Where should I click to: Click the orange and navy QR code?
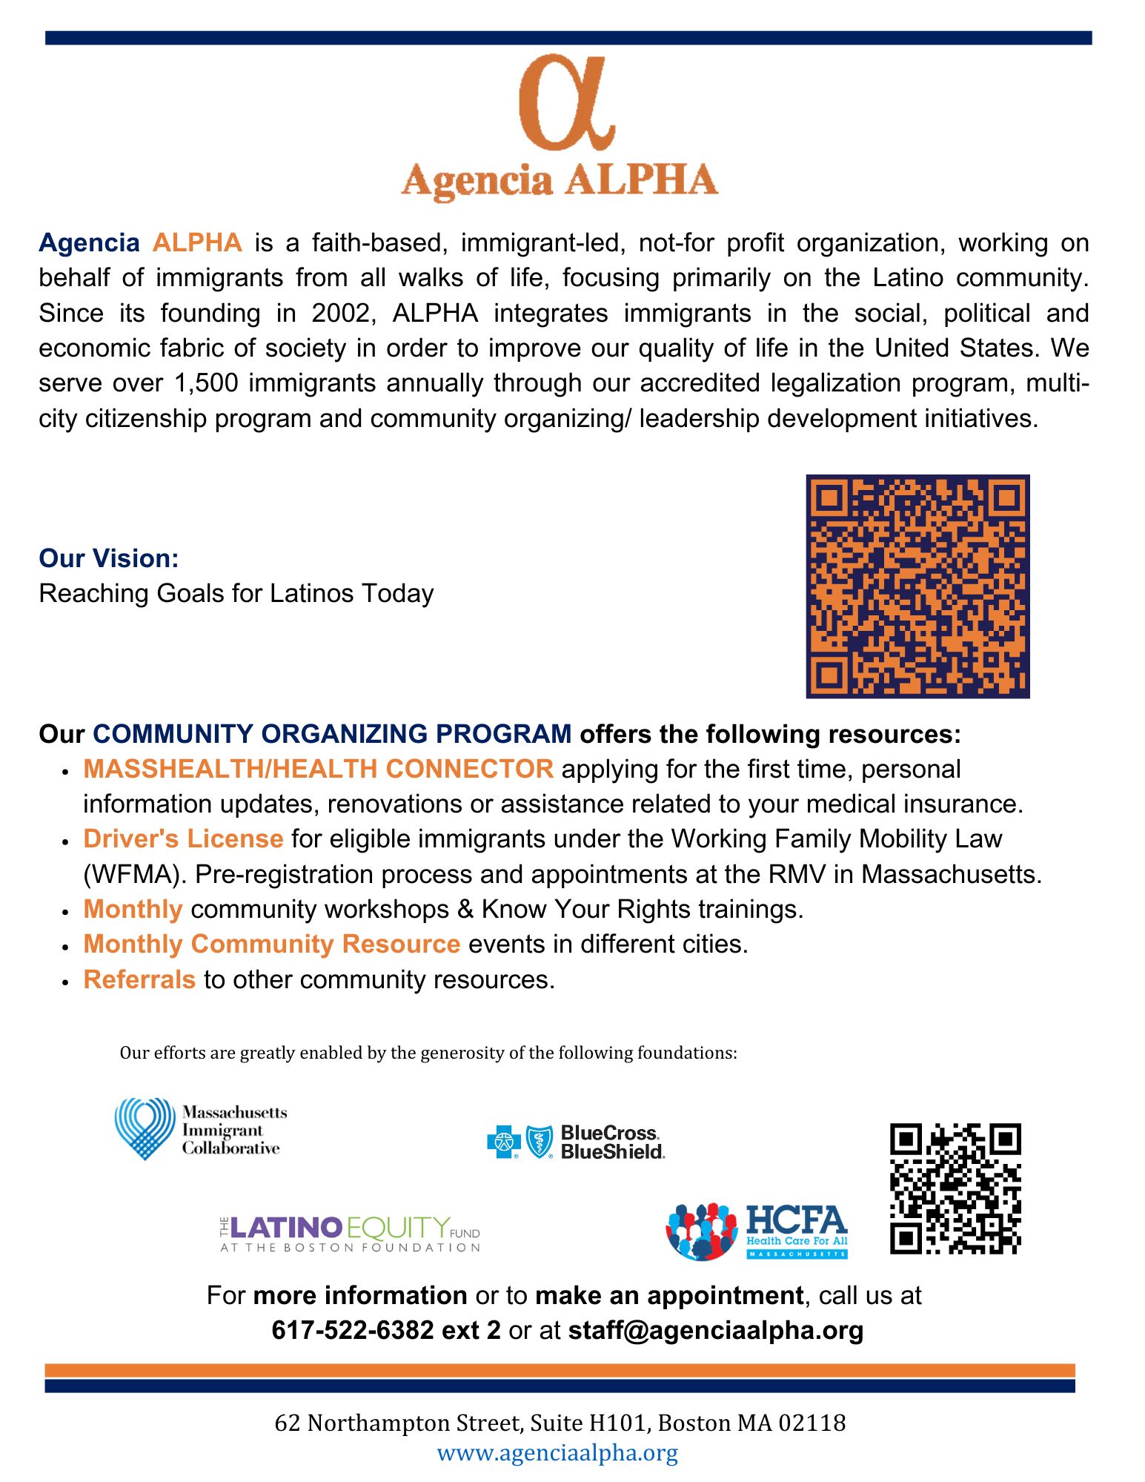[x=917, y=586]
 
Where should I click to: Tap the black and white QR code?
[x=955, y=1188]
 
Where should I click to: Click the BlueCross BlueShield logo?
[x=575, y=1142]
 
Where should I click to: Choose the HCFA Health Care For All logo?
[x=757, y=1231]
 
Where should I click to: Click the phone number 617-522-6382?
[x=352, y=1330]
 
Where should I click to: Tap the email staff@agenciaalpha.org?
[x=715, y=1330]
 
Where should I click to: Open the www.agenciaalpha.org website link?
[x=557, y=1452]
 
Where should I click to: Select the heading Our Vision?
[x=109, y=558]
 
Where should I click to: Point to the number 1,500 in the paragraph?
[x=206, y=383]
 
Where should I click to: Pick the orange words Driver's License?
[x=183, y=838]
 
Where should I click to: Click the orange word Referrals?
[x=139, y=979]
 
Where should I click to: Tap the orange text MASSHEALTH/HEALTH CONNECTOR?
[x=318, y=769]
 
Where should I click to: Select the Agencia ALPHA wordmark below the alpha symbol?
[x=560, y=181]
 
